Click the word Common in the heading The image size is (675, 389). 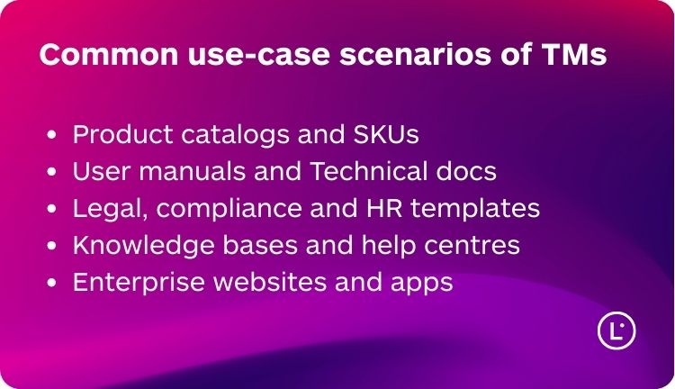click(x=109, y=54)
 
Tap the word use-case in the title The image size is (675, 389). click(x=259, y=54)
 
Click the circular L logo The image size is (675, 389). click(x=616, y=330)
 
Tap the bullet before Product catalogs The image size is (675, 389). click(x=51, y=134)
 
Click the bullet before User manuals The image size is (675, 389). click(x=51, y=171)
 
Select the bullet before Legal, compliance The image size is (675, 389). click(x=51, y=209)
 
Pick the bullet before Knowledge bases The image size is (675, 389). click(x=51, y=246)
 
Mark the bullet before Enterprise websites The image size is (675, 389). click(x=51, y=283)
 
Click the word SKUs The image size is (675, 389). click(x=386, y=134)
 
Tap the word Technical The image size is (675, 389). click(x=368, y=170)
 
